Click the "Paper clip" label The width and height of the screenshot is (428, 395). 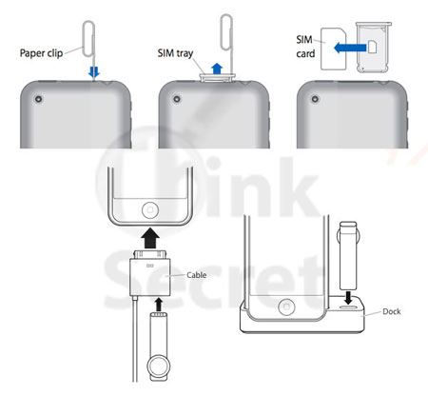[41, 53]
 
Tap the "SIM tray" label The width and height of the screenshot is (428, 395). [175, 53]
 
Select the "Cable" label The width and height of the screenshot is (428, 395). [196, 275]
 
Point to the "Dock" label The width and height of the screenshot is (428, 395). [392, 311]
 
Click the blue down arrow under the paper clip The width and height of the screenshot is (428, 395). [94, 72]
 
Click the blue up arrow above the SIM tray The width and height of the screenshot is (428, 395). [217, 69]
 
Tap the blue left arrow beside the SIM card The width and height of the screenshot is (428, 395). [350, 48]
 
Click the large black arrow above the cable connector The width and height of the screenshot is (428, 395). [150, 238]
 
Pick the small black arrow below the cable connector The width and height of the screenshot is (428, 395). [159, 304]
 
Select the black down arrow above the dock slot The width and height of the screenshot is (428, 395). [348, 298]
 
